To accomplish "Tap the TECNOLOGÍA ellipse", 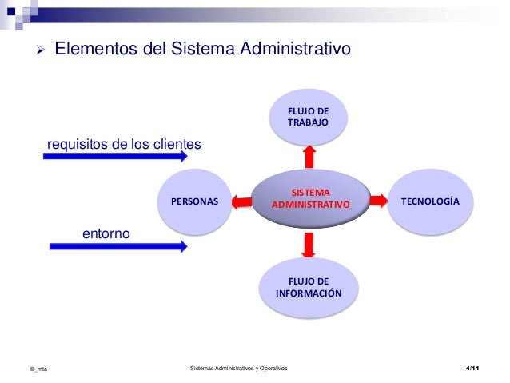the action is tap(430, 201).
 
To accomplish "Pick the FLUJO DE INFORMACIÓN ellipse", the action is tap(309, 287).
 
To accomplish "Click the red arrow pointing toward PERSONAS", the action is tap(239, 201).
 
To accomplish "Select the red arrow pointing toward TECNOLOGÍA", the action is tap(380, 201).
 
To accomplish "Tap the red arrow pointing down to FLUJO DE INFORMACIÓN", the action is tap(309, 243).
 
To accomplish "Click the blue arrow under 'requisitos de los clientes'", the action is tap(116, 158).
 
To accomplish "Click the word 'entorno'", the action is tap(106, 232).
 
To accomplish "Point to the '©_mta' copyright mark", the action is tap(38, 369).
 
